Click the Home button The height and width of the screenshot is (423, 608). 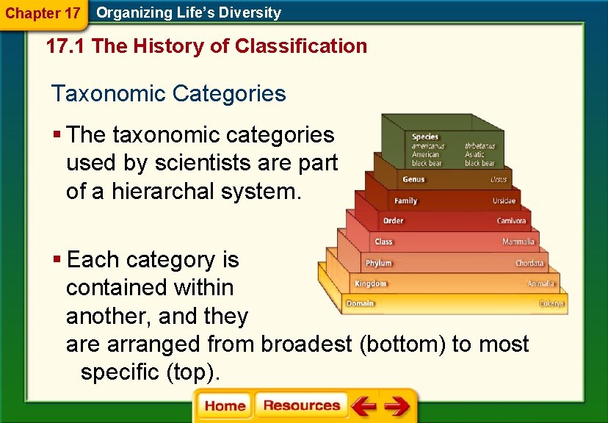click(225, 406)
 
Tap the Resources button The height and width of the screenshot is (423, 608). click(301, 406)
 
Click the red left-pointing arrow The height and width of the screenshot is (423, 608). click(363, 406)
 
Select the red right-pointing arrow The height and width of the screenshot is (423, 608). click(397, 406)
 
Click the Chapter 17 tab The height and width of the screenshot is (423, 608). click(43, 13)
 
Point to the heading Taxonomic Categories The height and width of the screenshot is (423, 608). click(168, 94)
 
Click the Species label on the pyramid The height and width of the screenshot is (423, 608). click(425, 137)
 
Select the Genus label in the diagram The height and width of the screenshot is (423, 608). click(413, 179)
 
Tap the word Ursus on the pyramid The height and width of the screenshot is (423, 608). click(499, 180)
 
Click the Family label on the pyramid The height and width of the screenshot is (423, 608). click(405, 200)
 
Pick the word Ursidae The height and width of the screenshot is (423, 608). click(504, 200)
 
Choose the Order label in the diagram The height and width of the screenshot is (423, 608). click(393, 221)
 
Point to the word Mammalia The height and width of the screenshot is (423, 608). click(518, 242)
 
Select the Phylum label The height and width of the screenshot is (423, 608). click(379, 263)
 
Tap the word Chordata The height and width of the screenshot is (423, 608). click(529, 263)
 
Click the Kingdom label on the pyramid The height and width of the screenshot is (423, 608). click(370, 283)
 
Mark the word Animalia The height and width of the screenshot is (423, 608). click(541, 283)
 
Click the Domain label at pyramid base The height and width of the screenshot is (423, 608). click(360, 303)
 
